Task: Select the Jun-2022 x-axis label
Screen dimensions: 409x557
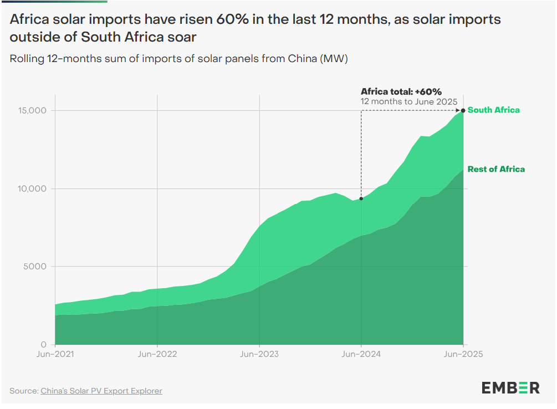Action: coord(157,354)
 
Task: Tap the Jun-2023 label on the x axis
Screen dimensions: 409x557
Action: coord(259,354)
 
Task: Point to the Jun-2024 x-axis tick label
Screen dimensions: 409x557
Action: coord(361,354)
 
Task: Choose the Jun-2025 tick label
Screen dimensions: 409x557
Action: coord(463,354)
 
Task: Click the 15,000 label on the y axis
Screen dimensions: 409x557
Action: coord(29,110)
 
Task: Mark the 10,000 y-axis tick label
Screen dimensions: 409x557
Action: coord(29,188)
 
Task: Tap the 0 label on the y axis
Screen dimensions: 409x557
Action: coord(44,345)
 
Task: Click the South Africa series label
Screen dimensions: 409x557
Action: coord(493,110)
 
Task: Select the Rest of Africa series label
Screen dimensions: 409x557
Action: coord(495,169)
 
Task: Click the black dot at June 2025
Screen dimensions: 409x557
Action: coord(463,110)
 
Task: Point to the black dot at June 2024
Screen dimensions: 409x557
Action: coord(361,198)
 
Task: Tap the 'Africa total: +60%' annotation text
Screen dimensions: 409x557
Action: coord(401,91)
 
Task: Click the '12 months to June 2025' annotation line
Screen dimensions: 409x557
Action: coord(408,101)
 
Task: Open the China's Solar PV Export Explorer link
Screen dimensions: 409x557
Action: coord(101,391)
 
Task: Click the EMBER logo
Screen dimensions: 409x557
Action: coord(510,387)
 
